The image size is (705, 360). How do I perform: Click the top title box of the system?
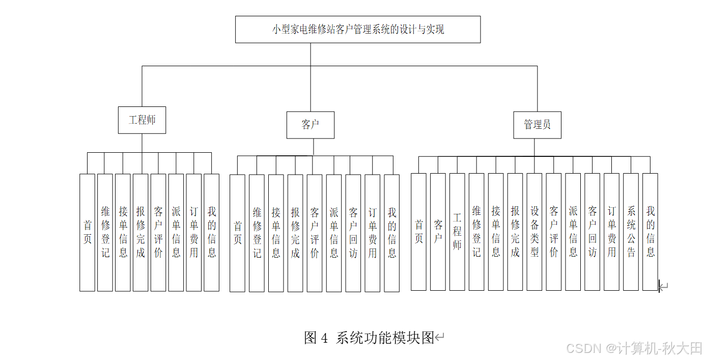tap(358, 30)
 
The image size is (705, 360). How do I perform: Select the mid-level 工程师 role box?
tap(142, 120)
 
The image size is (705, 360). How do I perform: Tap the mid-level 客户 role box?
tap(311, 125)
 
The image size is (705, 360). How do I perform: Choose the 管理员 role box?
tap(537, 125)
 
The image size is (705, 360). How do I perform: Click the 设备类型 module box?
tap(534, 232)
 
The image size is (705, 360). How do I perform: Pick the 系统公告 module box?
tap(631, 232)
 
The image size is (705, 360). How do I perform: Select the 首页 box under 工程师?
tap(88, 232)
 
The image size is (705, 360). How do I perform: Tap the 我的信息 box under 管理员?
tap(650, 232)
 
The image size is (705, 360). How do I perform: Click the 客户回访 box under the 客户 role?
tap(353, 233)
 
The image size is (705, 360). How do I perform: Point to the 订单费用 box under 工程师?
tap(194, 232)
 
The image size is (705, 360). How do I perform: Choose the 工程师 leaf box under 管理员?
tap(457, 232)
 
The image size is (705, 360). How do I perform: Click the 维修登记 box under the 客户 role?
tap(257, 233)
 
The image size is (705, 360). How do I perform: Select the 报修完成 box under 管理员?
tap(515, 232)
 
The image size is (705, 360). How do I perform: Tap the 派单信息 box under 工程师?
tap(176, 232)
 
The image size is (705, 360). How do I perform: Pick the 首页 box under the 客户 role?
tap(237, 233)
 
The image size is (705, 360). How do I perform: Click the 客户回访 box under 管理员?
tap(592, 232)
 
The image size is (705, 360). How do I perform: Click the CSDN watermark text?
tap(634, 348)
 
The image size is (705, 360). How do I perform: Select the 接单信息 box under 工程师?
tap(123, 232)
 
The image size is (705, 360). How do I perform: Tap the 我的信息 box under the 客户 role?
tap(392, 233)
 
